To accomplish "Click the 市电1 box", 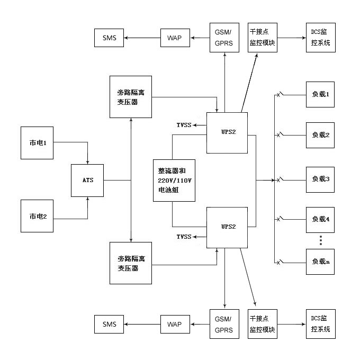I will [x=38, y=142].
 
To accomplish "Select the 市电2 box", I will [x=38, y=215].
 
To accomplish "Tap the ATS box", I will [x=87, y=181].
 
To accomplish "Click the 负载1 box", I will [x=321, y=95].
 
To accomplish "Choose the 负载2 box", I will [x=321, y=135].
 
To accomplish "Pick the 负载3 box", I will [x=321, y=179].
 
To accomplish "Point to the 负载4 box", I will [x=321, y=219].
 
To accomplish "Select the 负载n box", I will [x=321, y=261].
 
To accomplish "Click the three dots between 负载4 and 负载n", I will [x=321, y=240].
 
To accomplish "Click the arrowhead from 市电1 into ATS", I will [x=87, y=162].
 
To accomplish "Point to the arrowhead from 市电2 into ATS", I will [x=87, y=200].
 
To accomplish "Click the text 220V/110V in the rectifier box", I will [x=174, y=181].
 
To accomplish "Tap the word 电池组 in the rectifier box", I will [x=167, y=191].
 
